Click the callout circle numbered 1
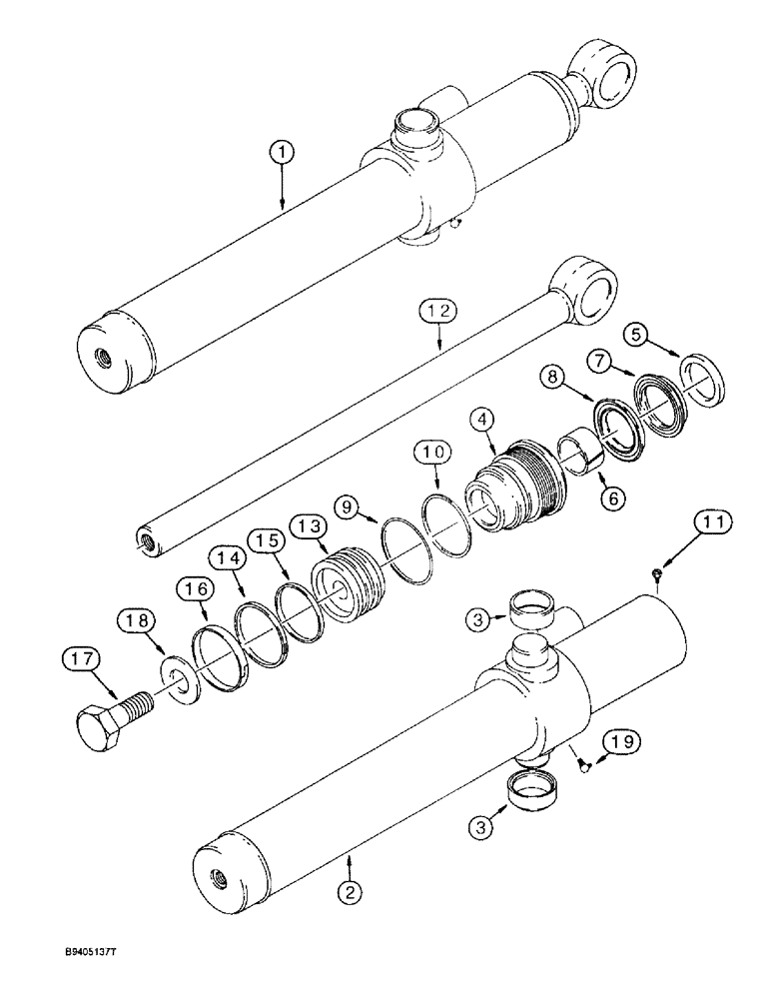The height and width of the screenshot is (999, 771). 283,152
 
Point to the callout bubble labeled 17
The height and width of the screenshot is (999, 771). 82,660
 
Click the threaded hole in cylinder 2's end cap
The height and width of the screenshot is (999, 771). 218,878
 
